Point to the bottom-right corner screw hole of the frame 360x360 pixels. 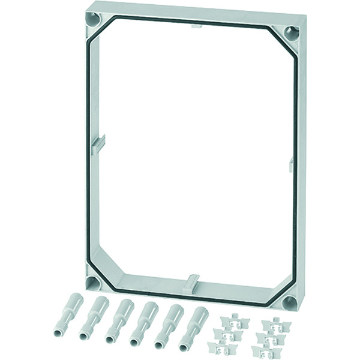pyautogui.click(x=290, y=301)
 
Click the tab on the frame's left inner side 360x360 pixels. pyautogui.click(x=99, y=145)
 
